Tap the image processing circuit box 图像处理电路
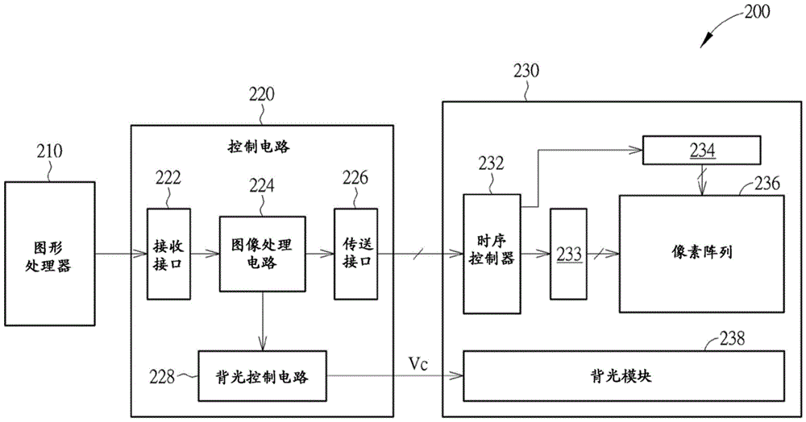click(x=263, y=254)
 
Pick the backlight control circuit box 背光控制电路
click(x=263, y=376)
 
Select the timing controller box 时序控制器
click(x=492, y=253)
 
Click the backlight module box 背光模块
click(x=624, y=375)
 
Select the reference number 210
click(x=49, y=150)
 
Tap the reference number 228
click(x=164, y=376)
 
